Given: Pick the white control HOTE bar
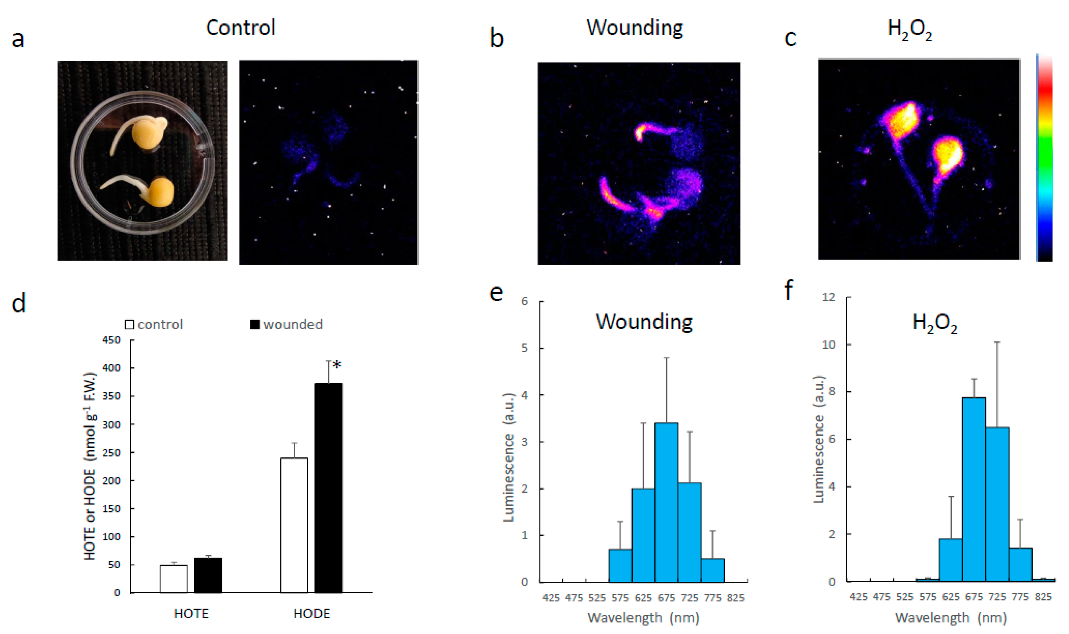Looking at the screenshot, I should [174, 579].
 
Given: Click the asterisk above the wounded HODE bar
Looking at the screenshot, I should [337, 365].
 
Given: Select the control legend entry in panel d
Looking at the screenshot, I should [154, 324].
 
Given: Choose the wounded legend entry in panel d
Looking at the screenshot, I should [286, 324].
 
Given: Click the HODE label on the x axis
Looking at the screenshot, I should [312, 614].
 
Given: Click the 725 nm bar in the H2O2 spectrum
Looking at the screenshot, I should [997, 504].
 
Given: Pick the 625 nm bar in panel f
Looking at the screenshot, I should [951, 560].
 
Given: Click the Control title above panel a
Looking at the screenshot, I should [241, 28].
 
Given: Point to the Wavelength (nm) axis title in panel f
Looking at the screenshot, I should [950, 618].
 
